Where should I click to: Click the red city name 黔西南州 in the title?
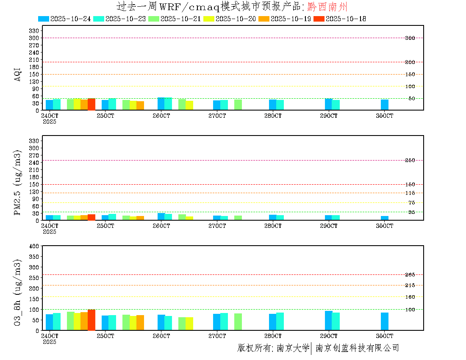coord(327,6)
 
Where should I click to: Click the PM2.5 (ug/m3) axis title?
coord(18,182)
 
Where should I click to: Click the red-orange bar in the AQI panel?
coord(92,104)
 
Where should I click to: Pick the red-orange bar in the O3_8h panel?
coord(92,320)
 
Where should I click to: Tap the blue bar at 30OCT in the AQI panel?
coord(385,105)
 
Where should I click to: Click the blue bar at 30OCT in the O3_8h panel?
coord(385,321)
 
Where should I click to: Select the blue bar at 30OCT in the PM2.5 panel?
coord(385,218)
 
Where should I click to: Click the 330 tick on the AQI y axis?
coord(34,30)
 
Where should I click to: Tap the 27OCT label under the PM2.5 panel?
coord(217,226)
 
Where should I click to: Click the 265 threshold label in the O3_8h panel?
coord(410,275)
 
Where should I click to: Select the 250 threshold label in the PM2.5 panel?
coord(410,160)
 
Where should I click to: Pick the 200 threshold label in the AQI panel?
coord(410,62)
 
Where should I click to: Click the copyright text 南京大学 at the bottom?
coord(293,348)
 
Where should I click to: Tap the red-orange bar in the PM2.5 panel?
coord(92,217)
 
